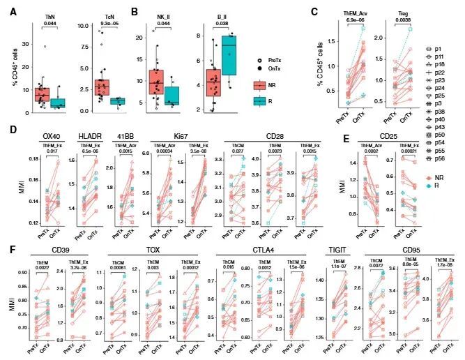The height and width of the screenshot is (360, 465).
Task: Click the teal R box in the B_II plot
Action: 227,54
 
